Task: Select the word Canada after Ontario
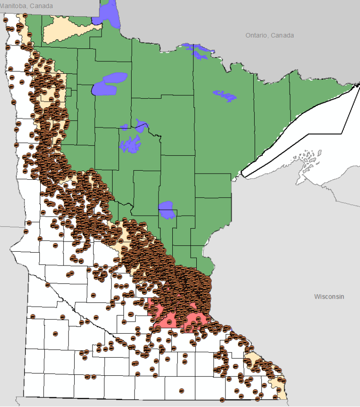[283, 35]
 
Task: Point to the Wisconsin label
[329, 296]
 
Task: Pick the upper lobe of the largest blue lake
[115, 78]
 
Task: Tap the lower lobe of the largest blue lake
[104, 89]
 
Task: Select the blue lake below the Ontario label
[198, 51]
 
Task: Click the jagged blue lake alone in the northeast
[225, 95]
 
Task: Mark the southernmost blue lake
[167, 210]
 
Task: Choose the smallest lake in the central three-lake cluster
[125, 127]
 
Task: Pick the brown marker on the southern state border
[222, 400]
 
